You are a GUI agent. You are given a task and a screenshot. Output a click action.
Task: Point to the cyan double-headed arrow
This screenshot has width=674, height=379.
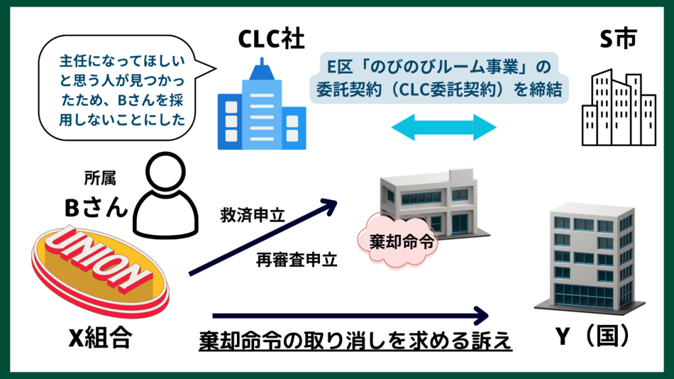pos(444,126)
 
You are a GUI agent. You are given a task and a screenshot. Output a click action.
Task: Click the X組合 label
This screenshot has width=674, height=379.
pos(100,339)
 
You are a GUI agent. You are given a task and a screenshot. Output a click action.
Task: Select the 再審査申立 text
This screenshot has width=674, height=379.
pos(297,261)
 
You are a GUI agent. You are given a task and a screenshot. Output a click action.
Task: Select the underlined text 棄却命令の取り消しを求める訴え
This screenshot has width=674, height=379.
pos(355,341)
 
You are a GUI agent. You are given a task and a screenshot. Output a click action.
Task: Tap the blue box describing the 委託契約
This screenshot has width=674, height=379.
pos(438,78)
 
